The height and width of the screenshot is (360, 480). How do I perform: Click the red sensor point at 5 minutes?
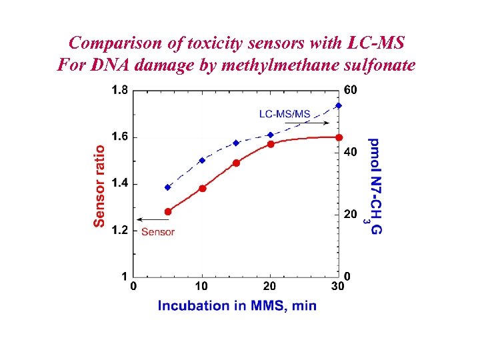tap(168, 211)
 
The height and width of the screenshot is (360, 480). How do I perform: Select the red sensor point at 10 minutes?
tap(203, 189)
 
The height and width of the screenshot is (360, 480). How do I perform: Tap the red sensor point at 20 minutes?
tap(271, 144)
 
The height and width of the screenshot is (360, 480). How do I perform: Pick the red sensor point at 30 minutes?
tap(339, 137)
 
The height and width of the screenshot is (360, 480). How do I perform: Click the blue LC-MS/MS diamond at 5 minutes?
tap(168, 187)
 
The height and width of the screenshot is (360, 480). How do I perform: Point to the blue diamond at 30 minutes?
tap(339, 105)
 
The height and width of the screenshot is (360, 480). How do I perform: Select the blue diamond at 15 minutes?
tap(236, 143)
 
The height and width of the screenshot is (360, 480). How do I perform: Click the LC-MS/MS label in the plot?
tap(285, 113)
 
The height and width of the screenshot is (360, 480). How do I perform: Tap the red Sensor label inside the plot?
tap(158, 232)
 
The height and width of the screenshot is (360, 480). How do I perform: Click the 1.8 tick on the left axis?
tap(120, 90)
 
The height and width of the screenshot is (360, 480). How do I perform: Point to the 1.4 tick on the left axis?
tap(120, 183)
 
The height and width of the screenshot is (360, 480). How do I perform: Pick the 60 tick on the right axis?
tap(350, 90)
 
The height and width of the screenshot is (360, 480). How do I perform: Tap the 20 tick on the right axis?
tap(350, 214)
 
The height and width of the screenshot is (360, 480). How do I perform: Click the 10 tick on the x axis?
tap(201, 287)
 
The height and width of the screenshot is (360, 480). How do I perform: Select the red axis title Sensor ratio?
tap(99, 186)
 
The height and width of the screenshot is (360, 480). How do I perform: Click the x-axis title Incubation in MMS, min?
tap(237, 306)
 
